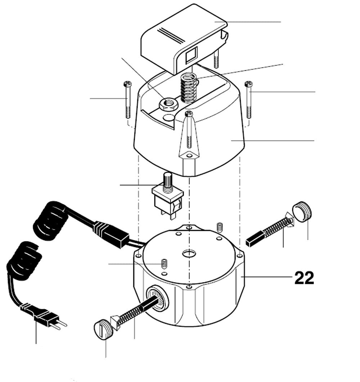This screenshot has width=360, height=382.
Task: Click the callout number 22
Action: tap(304, 278)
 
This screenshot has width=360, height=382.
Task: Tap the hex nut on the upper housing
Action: tap(168, 104)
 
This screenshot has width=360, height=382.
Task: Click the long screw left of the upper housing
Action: tap(128, 99)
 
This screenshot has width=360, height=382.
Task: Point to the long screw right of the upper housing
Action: tap(248, 99)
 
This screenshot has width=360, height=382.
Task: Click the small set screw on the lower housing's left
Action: tap(165, 263)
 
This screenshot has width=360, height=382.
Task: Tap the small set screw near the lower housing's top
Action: tap(220, 227)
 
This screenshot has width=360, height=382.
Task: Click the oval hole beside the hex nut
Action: tap(170, 118)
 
